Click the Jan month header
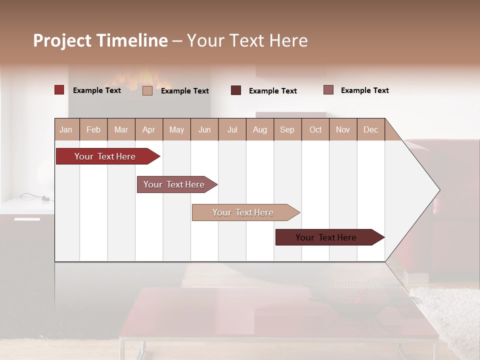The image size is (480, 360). pos(66,129)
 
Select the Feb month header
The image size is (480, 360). pos(93,129)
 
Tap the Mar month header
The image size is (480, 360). pos(121,129)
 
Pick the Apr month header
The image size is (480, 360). pos(149,129)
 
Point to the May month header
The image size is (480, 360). pos(176,129)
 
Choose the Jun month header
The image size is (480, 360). pos(204,129)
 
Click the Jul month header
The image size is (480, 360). pos(232,129)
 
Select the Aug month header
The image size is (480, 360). pos(260,129)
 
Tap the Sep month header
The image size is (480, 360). pos(287,129)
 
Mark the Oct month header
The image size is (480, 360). pos(315,129)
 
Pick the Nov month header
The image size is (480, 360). pos(343,129)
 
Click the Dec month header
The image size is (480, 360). pos(371,129)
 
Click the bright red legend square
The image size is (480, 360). pos(59,90)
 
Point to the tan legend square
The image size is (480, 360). pos(147,90)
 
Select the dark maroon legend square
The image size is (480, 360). pos(236,90)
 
